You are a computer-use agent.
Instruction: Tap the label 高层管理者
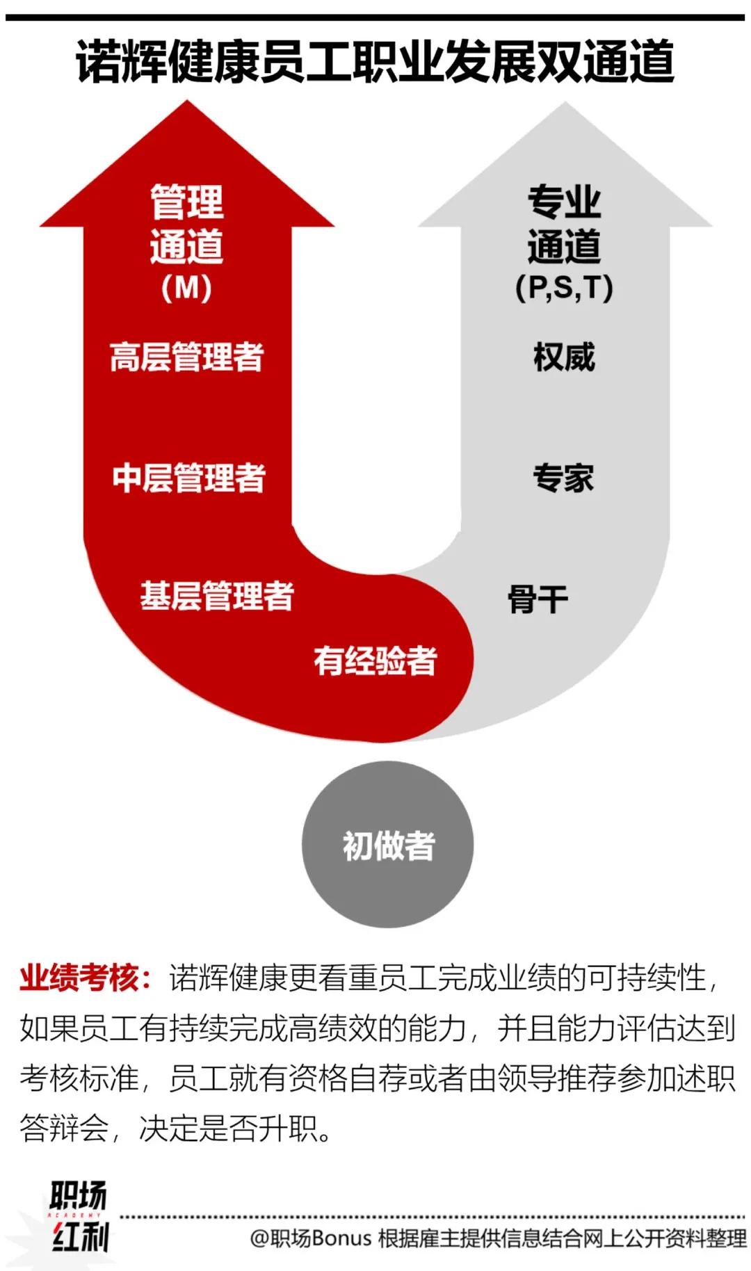pyautogui.click(x=187, y=357)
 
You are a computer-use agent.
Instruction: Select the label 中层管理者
pyautogui.click(x=188, y=478)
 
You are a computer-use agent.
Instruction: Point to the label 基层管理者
pyautogui.click(x=217, y=597)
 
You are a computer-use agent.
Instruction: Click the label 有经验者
pyautogui.click(x=375, y=661)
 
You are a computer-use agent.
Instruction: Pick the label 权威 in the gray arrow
pyautogui.click(x=564, y=357)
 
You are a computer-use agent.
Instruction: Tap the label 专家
pyautogui.click(x=563, y=478)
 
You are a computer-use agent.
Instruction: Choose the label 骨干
pyautogui.click(x=538, y=599)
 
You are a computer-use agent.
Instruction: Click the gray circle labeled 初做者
pyautogui.click(x=388, y=845)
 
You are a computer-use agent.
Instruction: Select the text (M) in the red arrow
pyautogui.click(x=186, y=288)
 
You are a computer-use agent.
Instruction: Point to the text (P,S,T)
pyautogui.click(x=564, y=288)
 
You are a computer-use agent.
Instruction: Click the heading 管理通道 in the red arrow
pyautogui.click(x=186, y=224)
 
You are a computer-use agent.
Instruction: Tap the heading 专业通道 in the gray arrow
pyautogui.click(x=564, y=224)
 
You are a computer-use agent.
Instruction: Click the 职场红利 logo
pyautogui.click(x=78, y=1216)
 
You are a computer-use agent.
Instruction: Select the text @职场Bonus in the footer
pyautogui.click(x=310, y=1238)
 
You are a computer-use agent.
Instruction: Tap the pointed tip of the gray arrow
pyautogui.click(x=565, y=106)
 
